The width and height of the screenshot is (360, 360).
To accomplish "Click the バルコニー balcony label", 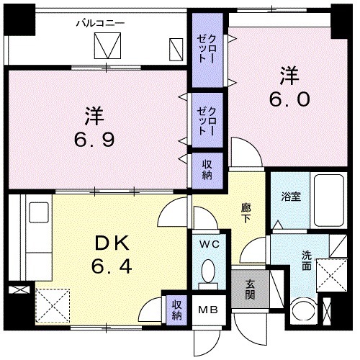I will [x=101, y=23].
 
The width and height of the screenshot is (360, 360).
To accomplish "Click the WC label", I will [x=209, y=245].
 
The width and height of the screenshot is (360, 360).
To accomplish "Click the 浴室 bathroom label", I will [x=290, y=194].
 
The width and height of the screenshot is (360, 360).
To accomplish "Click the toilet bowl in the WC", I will [x=209, y=272].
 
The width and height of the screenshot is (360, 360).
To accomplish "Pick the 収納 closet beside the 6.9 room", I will [x=206, y=171].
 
